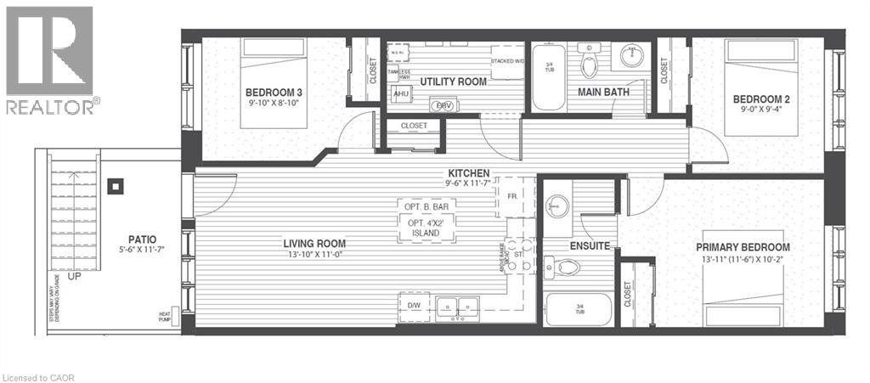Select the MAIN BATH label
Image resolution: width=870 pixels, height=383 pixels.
coord(604,92)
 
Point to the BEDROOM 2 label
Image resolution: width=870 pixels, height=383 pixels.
coord(760,99)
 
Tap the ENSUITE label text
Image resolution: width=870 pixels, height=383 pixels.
coord(590,245)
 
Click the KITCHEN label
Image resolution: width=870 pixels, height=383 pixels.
coord(467,173)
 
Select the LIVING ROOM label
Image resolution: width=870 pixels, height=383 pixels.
coord(319,244)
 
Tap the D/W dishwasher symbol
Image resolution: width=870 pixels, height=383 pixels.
coord(415,305)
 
